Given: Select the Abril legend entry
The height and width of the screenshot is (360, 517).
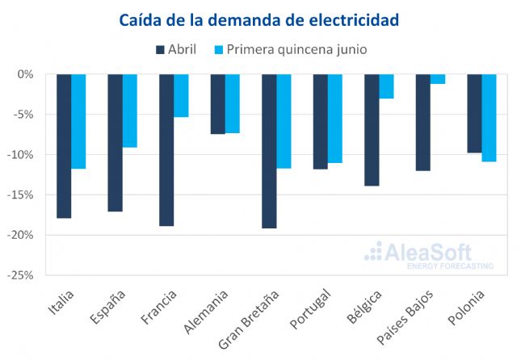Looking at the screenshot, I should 175,49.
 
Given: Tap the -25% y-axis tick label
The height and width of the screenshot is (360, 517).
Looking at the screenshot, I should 22,275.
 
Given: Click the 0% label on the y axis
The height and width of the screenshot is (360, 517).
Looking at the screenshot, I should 26,74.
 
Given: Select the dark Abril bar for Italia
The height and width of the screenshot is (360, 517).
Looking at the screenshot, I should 64,145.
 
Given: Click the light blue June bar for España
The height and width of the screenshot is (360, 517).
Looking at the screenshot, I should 130,111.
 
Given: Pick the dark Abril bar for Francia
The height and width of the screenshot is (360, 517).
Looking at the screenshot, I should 166,149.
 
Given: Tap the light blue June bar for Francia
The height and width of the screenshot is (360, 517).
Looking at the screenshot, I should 181,95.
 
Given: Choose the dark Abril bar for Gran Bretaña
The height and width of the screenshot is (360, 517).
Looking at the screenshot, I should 269,151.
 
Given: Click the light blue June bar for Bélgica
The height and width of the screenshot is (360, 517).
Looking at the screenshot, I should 386,86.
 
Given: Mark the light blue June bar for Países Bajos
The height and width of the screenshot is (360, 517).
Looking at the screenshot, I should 438,79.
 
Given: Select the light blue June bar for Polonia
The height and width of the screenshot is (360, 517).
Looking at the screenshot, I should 489,118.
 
